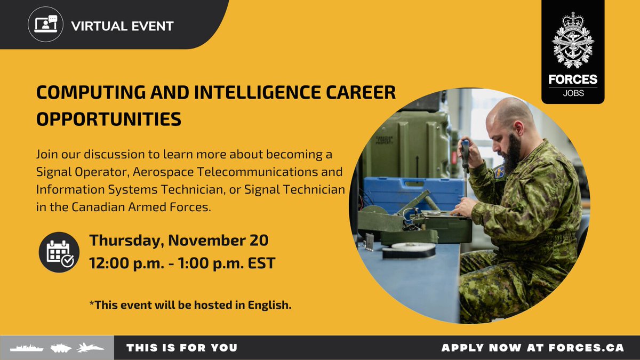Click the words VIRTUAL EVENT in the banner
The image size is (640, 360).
(x=122, y=26)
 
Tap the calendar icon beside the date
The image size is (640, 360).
(x=59, y=252)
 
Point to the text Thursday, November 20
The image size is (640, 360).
(x=179, y=240)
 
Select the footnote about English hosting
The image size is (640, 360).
(x=190, y=306)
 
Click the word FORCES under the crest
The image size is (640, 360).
(x=573, y=79)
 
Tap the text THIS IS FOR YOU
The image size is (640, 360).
(x=182, y=348)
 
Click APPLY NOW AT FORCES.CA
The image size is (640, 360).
(x=532, y=348)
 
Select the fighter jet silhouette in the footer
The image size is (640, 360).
(x=91, y=348)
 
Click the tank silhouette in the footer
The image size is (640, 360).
(x=61, y=348)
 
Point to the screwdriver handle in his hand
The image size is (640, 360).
(x=465, y=152)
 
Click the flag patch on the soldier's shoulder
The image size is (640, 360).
(x=499, y=172)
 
